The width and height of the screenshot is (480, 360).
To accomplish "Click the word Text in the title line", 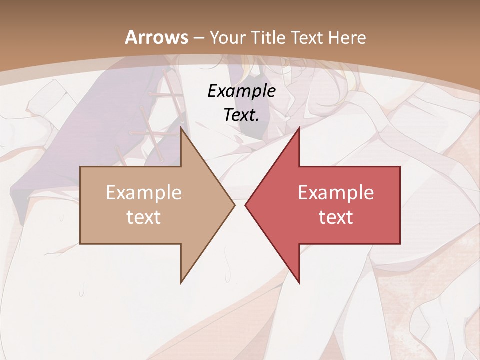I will point(308,37).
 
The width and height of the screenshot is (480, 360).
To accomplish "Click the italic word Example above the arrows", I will point(242,91).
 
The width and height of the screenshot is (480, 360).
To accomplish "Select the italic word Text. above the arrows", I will point(242,115).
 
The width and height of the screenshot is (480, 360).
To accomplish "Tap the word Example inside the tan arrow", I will point(144,192).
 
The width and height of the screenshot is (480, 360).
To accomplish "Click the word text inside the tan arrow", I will point(144,217).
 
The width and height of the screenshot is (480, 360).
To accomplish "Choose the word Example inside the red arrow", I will point(336,192).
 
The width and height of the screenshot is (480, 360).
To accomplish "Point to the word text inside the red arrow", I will point(336,217).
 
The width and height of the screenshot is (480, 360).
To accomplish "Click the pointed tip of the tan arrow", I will point(234,205).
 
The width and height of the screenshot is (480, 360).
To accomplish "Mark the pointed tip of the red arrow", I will point(245,205).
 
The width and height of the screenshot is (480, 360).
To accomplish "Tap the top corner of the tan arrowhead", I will point(181,128).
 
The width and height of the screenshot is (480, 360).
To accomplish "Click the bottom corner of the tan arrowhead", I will point(181,283).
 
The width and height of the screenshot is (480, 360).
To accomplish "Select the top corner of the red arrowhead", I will point(299,128).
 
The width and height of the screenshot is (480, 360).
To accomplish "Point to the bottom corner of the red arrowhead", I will point(299,283).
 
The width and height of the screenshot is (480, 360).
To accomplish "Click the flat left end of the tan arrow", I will point(80,205).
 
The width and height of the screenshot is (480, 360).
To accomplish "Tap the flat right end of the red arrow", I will point(400,205).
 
